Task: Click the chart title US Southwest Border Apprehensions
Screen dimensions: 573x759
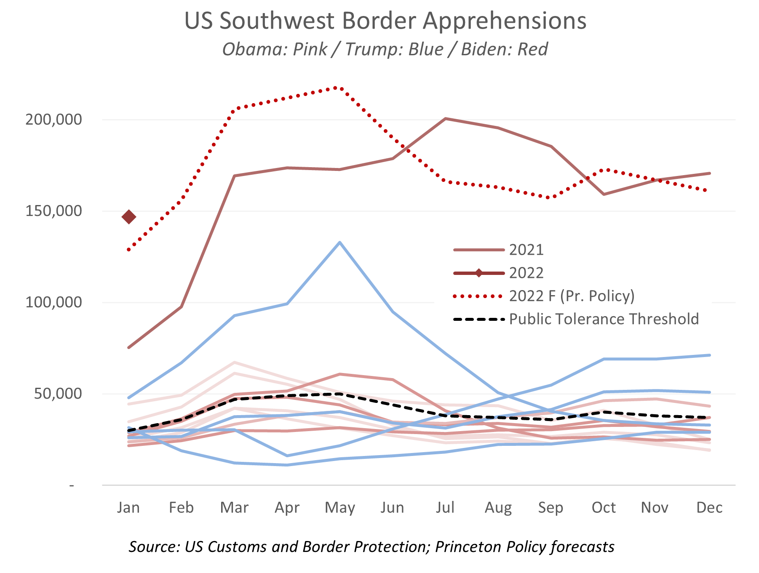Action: pyautogui.click(x=385, y=21)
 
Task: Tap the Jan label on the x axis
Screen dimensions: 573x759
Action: pyautogui.click(x=128, y=508)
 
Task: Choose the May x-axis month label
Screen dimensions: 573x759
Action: pyautogui.click(x=339, y=508)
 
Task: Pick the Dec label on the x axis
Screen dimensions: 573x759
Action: pyautogui.click(x=709, y=508)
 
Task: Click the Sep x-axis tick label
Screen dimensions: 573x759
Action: pyautogui.click(x=551, y=508)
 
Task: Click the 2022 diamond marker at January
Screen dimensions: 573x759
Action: pyautogui.click(x=129, y=217)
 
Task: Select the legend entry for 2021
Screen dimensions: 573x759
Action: pyautogui.click(x=526, y=250)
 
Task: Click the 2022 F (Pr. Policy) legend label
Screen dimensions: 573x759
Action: pyautogui.click(x=572, y=296)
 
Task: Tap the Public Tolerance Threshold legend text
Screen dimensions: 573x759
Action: pyautogui.click(x=604, y=319)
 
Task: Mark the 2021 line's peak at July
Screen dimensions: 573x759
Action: pyautogui.click(x=445, y=119)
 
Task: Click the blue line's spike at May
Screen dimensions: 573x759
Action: pyautogui.click(x=339, y=242)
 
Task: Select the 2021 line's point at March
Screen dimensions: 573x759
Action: pyautogui.click(x=234, y=176)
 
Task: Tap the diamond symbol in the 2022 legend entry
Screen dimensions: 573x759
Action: pyautogui.click(x=479, y=273)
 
